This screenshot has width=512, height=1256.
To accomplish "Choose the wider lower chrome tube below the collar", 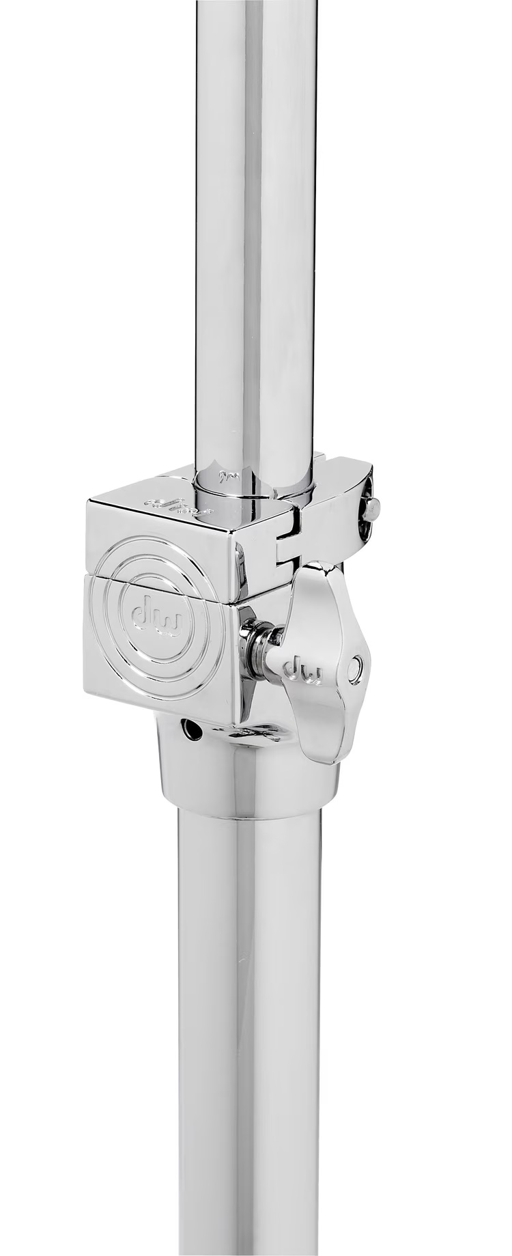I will pyautogui.click(x=249, y=1024).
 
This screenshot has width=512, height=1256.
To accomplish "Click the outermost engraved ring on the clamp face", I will pyautogui.click(x=100, y=615).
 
